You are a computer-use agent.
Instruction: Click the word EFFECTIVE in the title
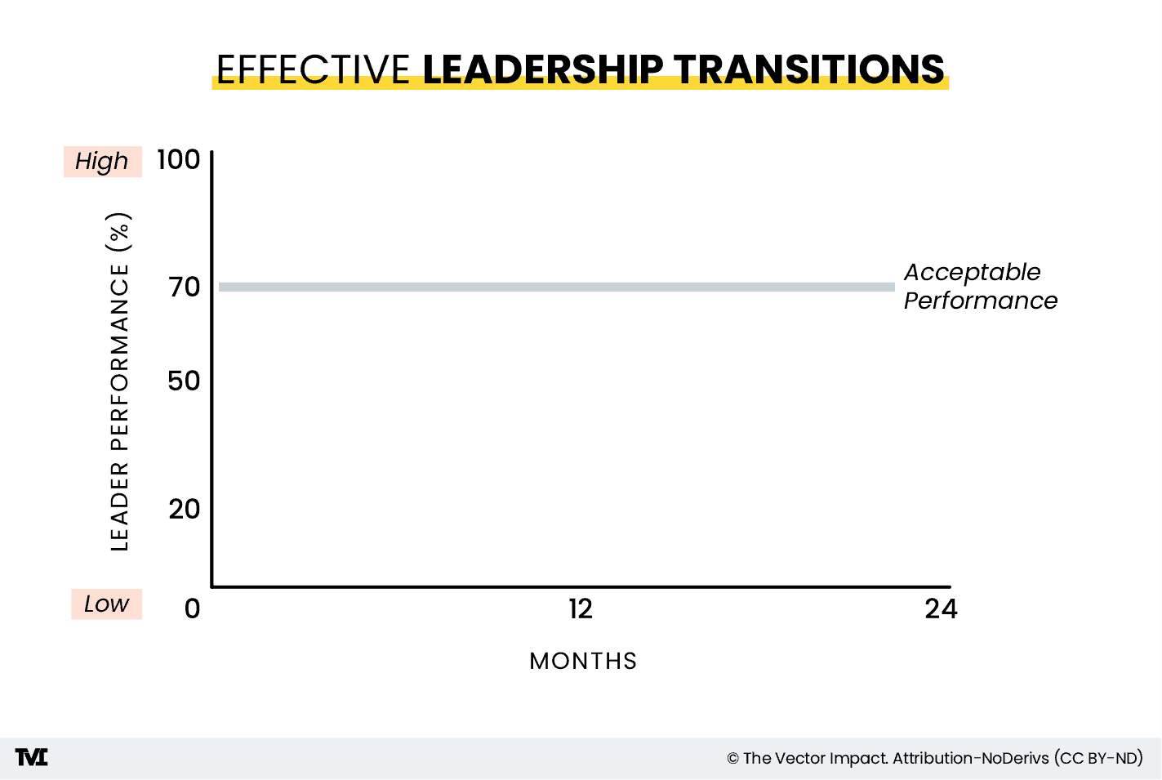(313, 69)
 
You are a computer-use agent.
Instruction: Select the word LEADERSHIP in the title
(543, 69)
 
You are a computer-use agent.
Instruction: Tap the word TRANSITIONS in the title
(809, 69)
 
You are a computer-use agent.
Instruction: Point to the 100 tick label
(179, 159)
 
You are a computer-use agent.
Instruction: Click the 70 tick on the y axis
(185, 287)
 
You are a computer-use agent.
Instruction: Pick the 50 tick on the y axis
(184, 381)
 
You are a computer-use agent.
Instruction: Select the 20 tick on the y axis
(185, 509)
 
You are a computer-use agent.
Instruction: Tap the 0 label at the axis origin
(192, 608)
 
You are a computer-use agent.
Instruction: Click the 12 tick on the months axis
(581, 608)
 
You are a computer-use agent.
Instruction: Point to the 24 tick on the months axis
(941, 608)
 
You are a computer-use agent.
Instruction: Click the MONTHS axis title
(583, 661)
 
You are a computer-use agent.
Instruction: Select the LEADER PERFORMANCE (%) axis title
(119, 382)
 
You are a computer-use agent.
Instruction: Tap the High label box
(103, 162)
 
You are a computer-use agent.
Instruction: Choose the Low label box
(106, 604)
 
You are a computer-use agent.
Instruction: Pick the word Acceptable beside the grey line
(972, 272)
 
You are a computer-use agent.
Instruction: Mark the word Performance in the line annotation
(981, 301)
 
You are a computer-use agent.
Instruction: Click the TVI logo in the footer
(32, 758)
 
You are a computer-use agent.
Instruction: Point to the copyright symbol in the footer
(732, 759)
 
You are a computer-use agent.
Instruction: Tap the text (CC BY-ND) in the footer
(1098, 758)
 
